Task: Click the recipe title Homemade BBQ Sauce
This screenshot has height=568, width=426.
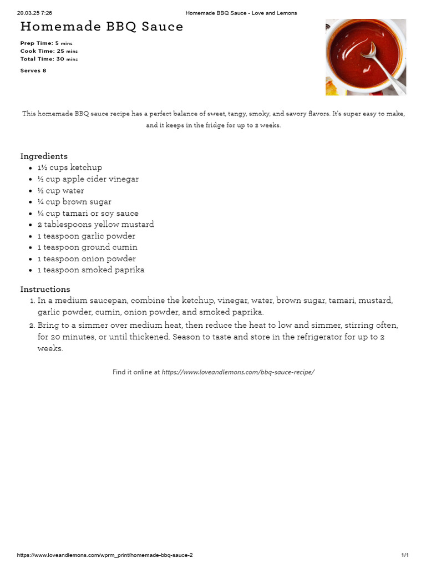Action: pyautogui.click(x=102, y=27)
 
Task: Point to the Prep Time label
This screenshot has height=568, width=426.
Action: pyautogui.click(x=36, y=43)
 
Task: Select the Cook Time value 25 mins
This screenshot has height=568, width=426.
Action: pyautogui.click(x=67, y=51)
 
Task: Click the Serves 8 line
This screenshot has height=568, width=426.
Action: pyautogui.click(x=33, y=70)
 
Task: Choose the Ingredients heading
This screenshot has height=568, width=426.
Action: pyautogui.click(x=44, y=156)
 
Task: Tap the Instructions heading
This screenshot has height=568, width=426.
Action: pyautogui.click(x=45, y=289)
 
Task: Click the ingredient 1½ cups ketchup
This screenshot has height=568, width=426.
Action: pyautogui.click(x=70, y=168)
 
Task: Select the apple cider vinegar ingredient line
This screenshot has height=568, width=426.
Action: pyautogui.click(x=88, y=179)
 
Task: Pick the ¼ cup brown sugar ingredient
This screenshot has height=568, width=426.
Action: pyautogui.click(x=74, y=202)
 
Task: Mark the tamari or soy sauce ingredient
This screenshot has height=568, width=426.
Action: pyautogui.click(x=88, y=214)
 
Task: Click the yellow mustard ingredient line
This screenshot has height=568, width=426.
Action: pyautogui.click(x=96, y=225)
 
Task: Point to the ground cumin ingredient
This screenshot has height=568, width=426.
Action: pyautogui.click(x=88, y=247)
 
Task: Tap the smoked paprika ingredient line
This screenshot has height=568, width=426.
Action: pyautogui.click(x=91, y=270)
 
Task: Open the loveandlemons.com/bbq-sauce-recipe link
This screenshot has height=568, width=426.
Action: pyautogui.click(x=238, y=372)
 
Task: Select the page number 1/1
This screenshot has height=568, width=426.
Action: pyautogui.click(x=405, y=555)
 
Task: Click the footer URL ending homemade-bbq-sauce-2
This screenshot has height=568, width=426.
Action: pyautogui.click(x=105, y=555)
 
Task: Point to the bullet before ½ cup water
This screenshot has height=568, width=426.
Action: pyautogui.click(x=30, y=191)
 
